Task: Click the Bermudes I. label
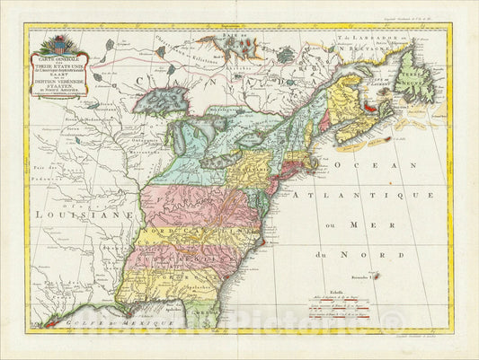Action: point(366,267)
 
